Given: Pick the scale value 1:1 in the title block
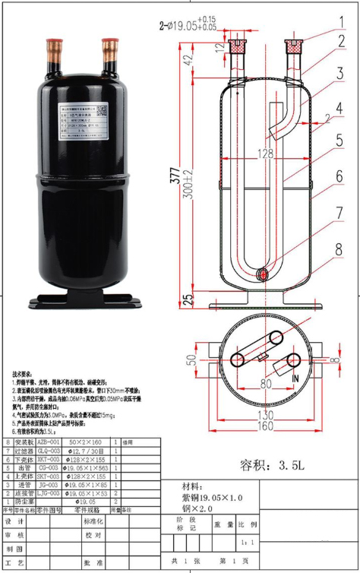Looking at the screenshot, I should pyautogui.click(x=242, y=543).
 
